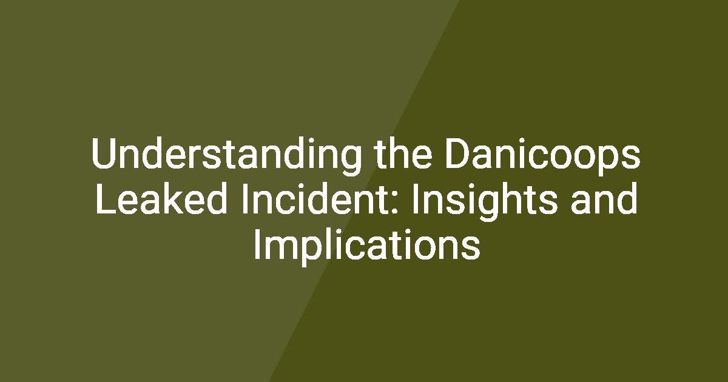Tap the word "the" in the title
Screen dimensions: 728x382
pos(403,153)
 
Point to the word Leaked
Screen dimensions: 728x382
pos(161,198)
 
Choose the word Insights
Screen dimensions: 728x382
pos(484,202)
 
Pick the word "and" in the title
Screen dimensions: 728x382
pos(604,198)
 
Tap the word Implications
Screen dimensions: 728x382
pos(367,247)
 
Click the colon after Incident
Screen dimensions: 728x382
pos(394,203)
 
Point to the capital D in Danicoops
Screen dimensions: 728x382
pos(459,153)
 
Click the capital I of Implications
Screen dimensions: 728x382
pos(257,244)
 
